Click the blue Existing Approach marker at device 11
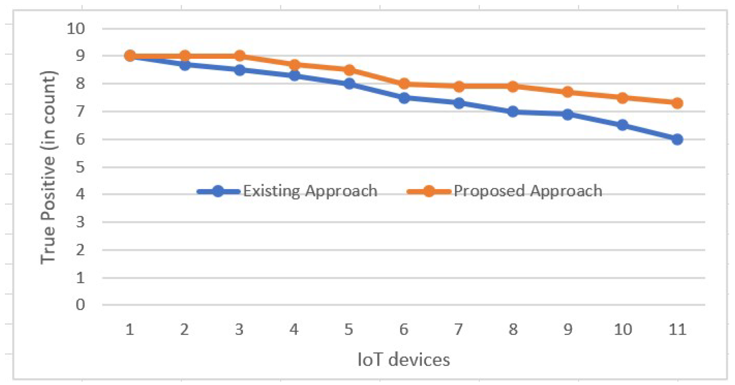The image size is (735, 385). [677, 139]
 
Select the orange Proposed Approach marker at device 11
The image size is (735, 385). [677, 103]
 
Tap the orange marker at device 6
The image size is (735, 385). [404, 84]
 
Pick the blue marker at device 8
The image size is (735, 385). [513, 112]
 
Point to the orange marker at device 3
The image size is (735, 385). [239, 56]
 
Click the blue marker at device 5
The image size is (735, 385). [349, 84]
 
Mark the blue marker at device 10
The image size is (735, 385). [622, 125]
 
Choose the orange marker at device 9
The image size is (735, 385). [568, 92]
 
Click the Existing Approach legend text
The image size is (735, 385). [310, 191]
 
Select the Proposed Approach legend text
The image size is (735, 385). [528, 191]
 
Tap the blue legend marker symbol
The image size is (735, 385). [218, 191]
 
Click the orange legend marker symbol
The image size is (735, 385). [429, 191]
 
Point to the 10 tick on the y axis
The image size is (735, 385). [76, 29]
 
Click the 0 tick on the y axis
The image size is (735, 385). [80, 305]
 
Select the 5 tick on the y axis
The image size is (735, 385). [80, 167]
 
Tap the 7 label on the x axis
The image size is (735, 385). [458, 330]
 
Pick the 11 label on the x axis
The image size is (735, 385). [677, 330]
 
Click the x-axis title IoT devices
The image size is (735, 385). [404, 360]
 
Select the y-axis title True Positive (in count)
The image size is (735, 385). [48, 167]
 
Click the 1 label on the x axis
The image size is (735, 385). [130, 330]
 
